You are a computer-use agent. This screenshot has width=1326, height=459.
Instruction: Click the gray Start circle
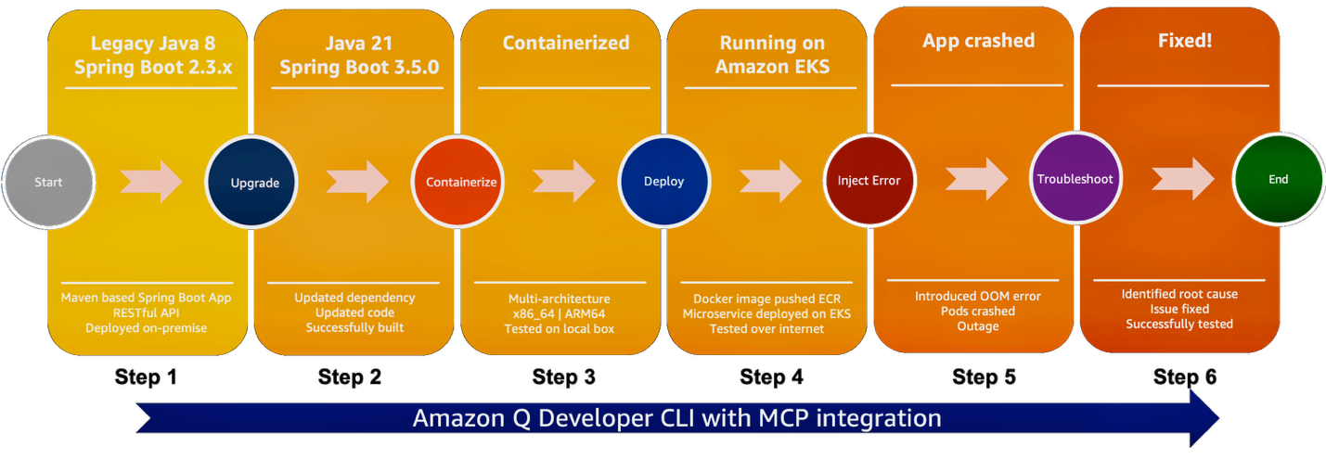coord(48,182)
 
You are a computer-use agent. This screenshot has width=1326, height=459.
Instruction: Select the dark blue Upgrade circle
coord(255,183)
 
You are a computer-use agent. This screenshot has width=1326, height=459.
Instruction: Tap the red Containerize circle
coord(461,182)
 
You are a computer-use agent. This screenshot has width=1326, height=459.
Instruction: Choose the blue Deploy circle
coord(663,182)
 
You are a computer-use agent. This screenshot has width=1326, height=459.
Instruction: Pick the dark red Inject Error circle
coord(869,181)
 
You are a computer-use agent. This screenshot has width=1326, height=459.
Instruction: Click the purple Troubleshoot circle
coord(1075,178)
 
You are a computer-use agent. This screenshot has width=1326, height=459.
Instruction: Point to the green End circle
coord(1278,179)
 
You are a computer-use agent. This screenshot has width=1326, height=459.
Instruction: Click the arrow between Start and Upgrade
coord(151,181)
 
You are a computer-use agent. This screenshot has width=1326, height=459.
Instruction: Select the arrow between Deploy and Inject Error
coord(771,181)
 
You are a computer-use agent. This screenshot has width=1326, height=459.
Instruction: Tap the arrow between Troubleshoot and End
coord(1182,178)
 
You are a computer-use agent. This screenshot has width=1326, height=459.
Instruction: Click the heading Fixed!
coord(1185,42)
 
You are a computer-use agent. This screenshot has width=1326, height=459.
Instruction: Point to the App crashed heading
coord(978,42)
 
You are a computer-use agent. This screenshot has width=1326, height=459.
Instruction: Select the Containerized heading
coord(566,43)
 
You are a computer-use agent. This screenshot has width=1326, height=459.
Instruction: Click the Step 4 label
coord(771,377)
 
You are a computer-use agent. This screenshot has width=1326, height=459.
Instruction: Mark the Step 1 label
coord(147,377)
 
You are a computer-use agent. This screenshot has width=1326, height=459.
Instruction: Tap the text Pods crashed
coord(978,311)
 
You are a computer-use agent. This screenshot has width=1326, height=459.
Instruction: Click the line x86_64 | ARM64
coord(559,313)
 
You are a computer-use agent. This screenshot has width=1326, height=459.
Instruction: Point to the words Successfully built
coord(354,327)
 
